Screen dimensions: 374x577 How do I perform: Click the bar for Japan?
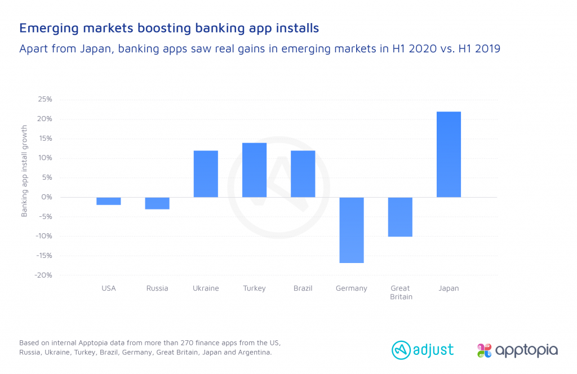coord(449,154)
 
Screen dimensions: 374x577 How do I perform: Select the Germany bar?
coord(352,230)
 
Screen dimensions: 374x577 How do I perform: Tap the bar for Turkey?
coord(254,170)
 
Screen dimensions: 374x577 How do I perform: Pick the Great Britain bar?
coord(400,217)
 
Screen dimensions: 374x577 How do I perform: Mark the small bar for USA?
coord(109,201)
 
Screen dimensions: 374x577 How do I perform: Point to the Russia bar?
coord(157,203)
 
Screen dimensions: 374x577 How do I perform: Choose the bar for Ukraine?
coord(206,174)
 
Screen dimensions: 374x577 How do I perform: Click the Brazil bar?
coord(303,174)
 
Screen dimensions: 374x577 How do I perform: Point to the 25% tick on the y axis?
coord(45,99)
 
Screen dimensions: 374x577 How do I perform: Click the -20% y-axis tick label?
coord(43,275)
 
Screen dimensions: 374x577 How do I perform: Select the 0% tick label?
coord(47,197)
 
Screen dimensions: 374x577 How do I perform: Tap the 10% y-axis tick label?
coord(45,158)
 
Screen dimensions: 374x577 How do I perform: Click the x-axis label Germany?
coord(352,288)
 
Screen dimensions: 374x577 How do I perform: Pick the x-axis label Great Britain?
coord(400,292)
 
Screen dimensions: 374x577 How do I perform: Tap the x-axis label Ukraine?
coord(206,288)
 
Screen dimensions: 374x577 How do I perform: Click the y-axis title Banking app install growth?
coord(24,171)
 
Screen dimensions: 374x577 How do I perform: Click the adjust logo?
coord(423,350)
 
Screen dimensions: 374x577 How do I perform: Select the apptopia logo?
coord(517,350)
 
